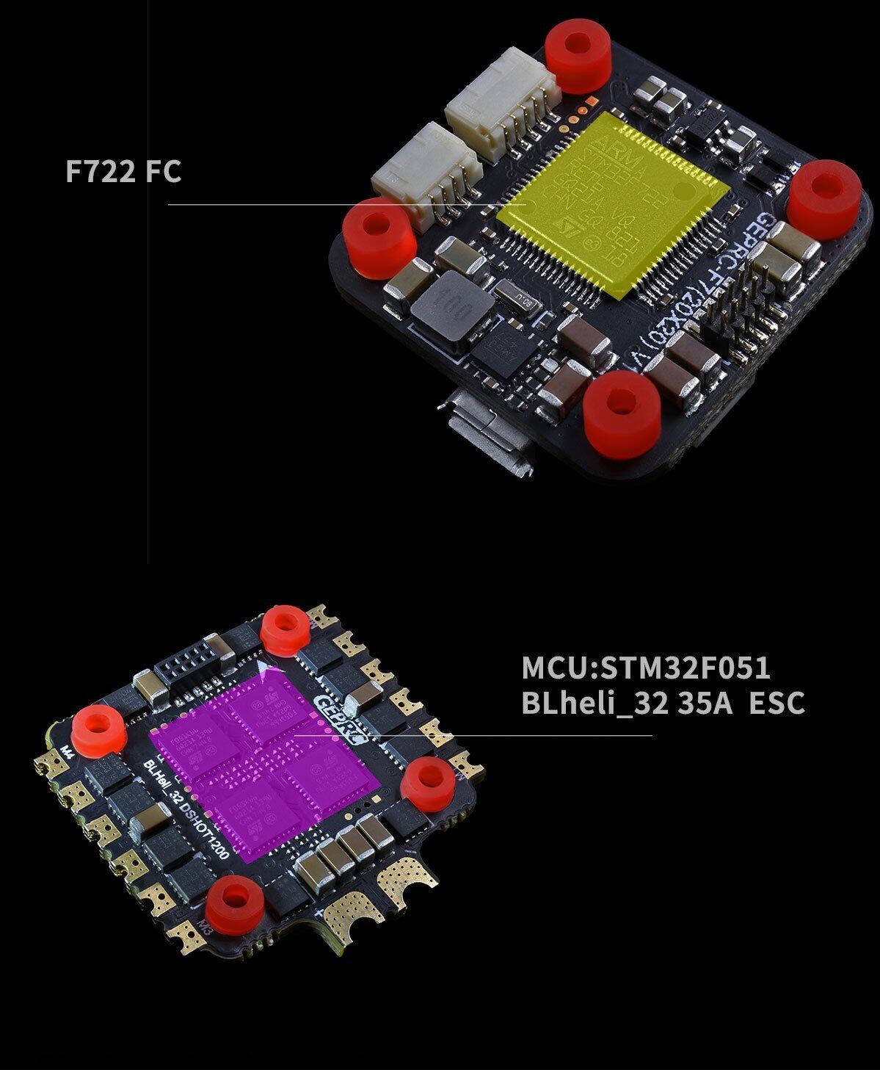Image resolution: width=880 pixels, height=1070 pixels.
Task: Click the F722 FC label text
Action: (x=123, y=172)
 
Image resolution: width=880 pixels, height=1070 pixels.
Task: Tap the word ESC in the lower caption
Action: (x=777, y=704)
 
